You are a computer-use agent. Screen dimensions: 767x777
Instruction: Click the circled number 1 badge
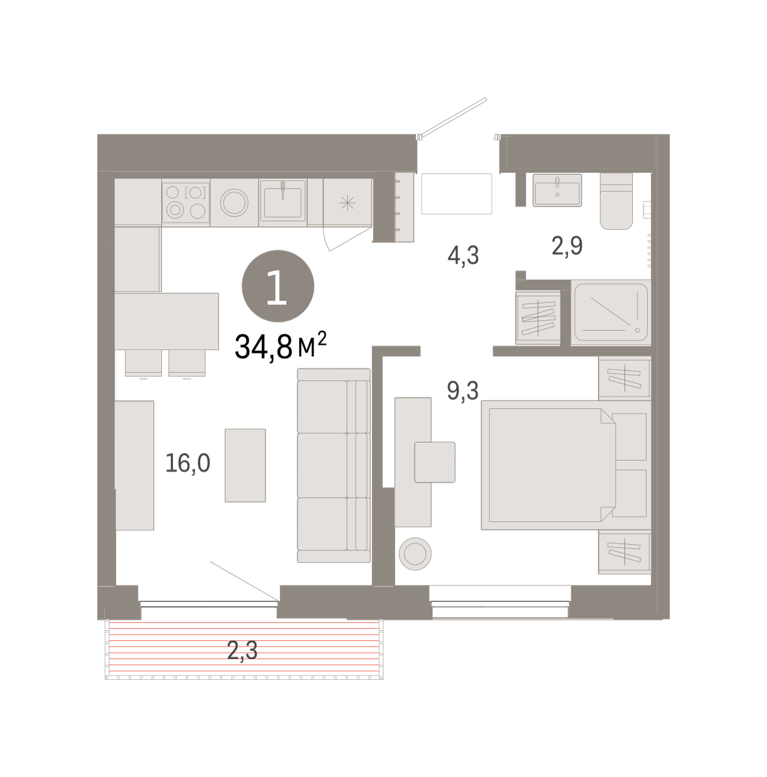coord(278,286)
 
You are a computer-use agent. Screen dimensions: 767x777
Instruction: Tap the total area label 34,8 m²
coord(280,346)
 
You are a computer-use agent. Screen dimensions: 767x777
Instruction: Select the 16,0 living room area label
coord(188,463)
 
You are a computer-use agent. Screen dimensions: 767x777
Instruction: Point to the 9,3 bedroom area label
coord(463,390)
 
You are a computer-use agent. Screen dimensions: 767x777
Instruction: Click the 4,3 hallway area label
coord(463,255)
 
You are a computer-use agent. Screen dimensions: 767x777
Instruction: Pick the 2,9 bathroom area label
coord(567,245)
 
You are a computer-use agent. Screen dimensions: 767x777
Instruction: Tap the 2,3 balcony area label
coord(242,650)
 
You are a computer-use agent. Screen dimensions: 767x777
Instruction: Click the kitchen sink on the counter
coord(282,200)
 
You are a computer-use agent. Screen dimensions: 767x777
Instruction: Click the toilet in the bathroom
coord(616,201)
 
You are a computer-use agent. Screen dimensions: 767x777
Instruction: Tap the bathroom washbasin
coord(557,190)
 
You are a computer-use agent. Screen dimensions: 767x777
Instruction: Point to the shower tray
coord(611,312)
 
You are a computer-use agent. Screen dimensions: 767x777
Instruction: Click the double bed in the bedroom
coord(566,465)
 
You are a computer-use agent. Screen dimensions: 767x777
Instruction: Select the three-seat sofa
coord(334,466)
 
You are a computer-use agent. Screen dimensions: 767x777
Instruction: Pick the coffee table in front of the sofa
coord(246,466)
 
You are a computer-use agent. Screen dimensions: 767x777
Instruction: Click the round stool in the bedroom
coord(415,554)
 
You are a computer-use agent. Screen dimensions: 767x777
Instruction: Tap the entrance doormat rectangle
coord(457,194)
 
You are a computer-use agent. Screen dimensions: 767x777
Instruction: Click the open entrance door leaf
coord(453,117)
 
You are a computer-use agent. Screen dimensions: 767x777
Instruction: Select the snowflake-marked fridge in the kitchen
coord(347,203)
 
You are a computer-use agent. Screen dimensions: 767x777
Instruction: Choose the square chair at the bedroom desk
coord(435,462)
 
